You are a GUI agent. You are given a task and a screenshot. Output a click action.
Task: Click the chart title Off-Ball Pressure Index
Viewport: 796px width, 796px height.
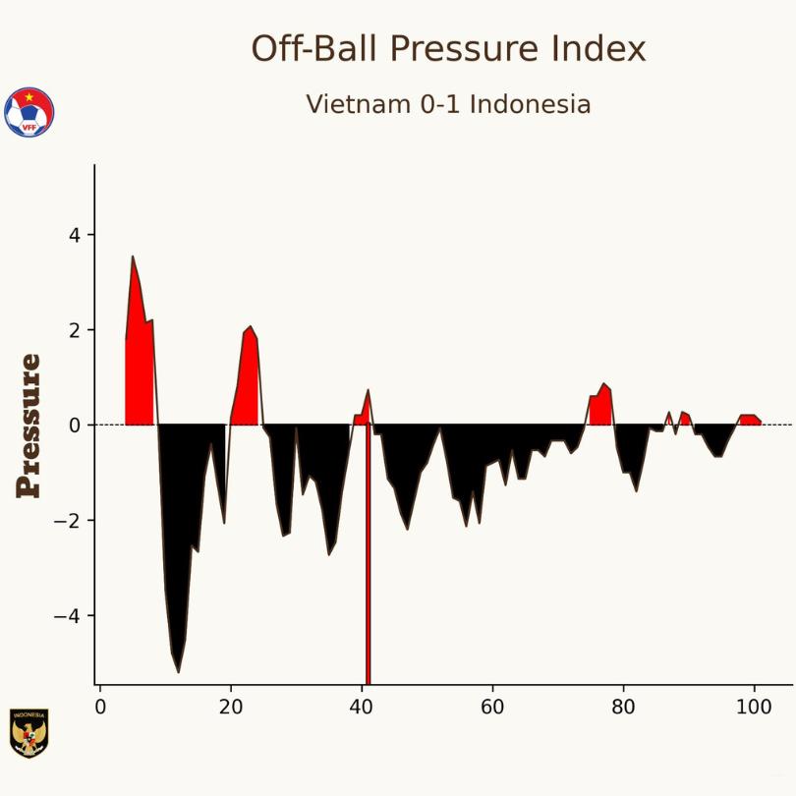click(448, 48)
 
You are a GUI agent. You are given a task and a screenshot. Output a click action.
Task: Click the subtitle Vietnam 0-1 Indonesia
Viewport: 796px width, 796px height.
click(448, 104)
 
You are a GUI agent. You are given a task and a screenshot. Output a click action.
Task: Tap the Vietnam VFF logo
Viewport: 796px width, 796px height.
click(29, 112)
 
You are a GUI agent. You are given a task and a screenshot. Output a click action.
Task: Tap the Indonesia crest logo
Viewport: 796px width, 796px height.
click(28, 733)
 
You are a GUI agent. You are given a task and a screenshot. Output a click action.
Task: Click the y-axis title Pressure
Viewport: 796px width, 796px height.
click(29, 426)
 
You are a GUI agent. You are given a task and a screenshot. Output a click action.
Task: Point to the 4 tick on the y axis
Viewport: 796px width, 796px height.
click(75, 235)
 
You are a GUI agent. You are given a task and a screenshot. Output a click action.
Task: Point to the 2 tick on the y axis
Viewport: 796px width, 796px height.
click(75, 330)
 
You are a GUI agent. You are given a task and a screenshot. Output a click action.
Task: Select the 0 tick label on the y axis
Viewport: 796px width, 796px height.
click(75, 426)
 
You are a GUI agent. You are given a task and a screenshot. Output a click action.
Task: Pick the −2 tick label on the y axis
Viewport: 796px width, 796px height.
click(69, 521)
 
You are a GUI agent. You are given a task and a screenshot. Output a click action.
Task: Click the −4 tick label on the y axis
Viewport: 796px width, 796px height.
click(69, 616)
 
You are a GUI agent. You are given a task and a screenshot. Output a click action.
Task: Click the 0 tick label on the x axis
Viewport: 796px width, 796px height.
click(100, 708)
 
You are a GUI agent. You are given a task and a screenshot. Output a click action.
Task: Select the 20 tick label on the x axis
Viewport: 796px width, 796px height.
click(231, 708)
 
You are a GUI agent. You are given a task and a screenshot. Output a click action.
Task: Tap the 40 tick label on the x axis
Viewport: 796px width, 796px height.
click(362, 708)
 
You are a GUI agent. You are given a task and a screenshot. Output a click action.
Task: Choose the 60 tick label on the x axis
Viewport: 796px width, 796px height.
click(492, 708)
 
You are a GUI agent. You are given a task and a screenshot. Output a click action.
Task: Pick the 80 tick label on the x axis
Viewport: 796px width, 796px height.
click(623, 708)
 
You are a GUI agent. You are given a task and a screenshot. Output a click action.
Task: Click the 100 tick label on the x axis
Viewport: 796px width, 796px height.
click(754, 708)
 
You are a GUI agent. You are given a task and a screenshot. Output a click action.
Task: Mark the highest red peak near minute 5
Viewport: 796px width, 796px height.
click(133, 258)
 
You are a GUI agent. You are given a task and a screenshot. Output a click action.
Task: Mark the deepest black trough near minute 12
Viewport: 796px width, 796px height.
click(178, 670)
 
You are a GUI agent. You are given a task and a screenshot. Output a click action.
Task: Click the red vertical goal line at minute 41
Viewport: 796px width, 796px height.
click(368, 590)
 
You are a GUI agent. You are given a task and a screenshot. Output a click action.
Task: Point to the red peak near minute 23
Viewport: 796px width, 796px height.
click(250, 328)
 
